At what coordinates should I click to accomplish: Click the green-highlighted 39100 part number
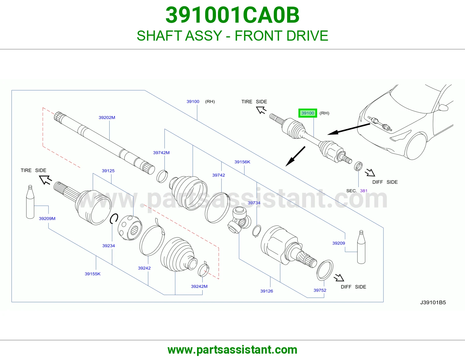click(307, 113)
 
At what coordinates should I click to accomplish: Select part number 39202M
click(107, 118)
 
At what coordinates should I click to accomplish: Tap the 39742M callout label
click(161, 153)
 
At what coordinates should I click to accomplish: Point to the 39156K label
click(242, 162)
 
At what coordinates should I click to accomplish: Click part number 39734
click(254, 203)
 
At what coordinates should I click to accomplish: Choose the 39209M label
click(47, 219)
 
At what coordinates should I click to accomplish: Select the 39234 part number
click(108, 246)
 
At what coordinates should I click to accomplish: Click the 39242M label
click(199, 286)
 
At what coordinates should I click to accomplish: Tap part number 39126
click(267, 291)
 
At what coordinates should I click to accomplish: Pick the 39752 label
click(320, 290)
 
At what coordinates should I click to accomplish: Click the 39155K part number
click(92, 274)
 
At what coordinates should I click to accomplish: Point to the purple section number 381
click(364, 191)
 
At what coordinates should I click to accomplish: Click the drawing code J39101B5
click(433, 303)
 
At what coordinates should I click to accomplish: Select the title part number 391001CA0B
click(233, 15)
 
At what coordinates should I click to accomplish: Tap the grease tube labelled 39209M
click(30, 202)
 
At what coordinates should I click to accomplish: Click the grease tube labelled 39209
click(361, 247)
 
